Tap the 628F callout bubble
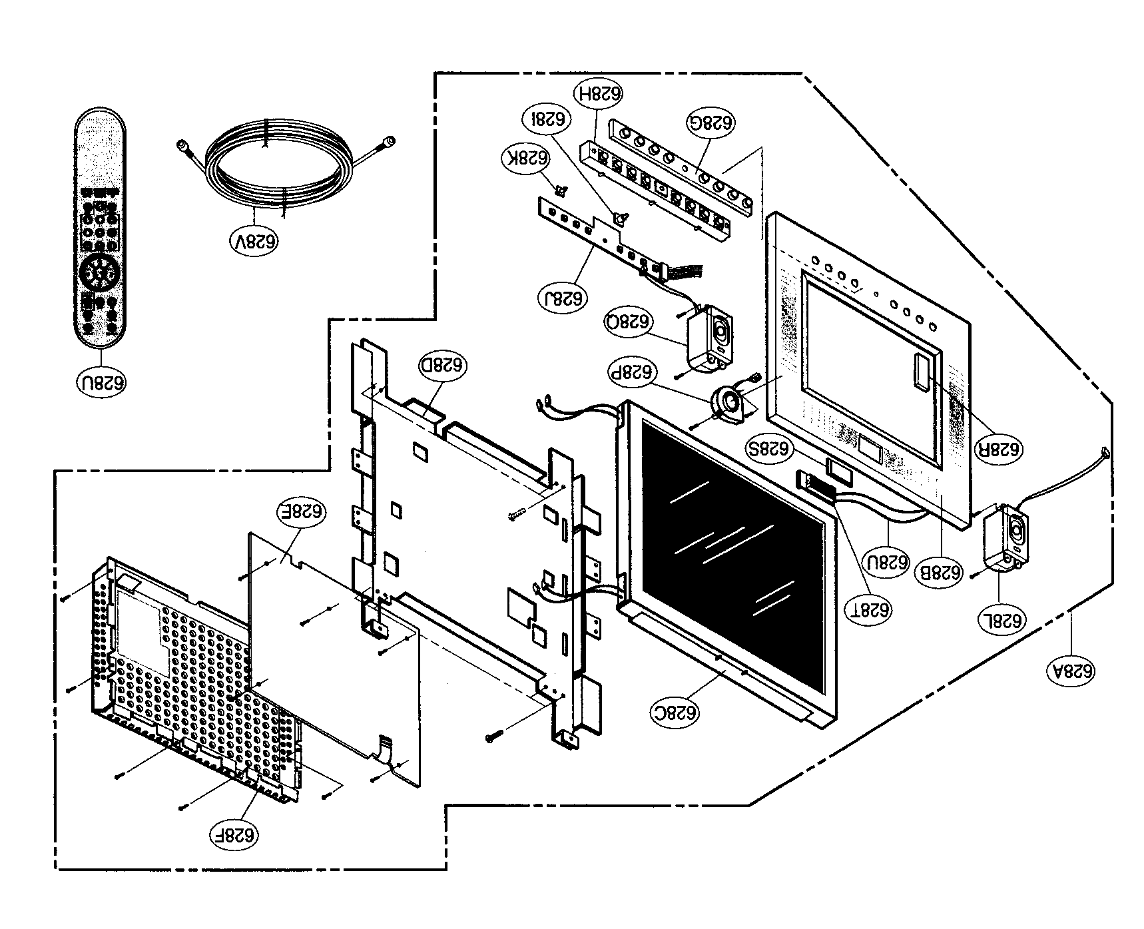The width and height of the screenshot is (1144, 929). point(234,833)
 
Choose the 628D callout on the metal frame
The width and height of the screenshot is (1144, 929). point(443,365)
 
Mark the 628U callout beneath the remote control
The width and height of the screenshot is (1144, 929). point(101,383)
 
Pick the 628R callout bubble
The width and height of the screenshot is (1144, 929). point(998,449)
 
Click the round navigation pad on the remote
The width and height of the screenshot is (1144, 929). point(99,272)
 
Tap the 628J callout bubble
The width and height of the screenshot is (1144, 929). point(564,297)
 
